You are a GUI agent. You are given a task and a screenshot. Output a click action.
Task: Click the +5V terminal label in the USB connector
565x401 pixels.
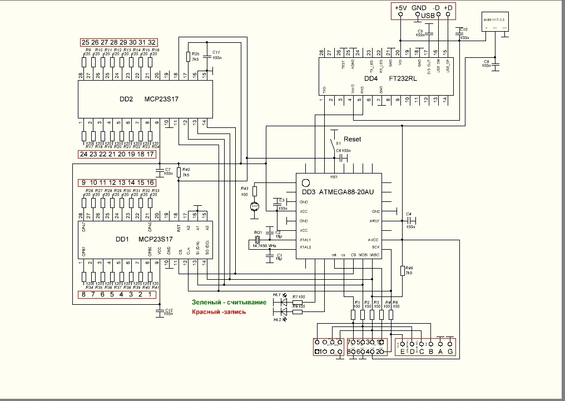[400, 8]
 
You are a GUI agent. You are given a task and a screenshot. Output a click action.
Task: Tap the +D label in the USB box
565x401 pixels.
[449, 8]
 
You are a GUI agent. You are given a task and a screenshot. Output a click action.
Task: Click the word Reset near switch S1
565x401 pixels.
[352, 139]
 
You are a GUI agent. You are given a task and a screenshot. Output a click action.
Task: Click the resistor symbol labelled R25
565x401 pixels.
[188, 56]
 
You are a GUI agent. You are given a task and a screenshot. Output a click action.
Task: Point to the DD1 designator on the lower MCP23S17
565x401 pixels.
[122, 239]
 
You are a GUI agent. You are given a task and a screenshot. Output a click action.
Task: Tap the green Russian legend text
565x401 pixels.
[229, 302]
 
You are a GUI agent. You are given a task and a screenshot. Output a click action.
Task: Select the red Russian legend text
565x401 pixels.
[219, 312]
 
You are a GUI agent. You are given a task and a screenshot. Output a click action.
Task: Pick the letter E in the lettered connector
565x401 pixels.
[402, 351]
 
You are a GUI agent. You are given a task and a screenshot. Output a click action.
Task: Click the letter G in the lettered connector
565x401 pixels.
[451, 351]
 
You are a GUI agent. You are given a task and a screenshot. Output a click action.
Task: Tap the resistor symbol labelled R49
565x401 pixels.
[402, 271]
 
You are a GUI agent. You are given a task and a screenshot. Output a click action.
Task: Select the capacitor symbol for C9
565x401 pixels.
[495, 65]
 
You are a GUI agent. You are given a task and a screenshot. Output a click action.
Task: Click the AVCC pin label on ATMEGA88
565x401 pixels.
[374, 240]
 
